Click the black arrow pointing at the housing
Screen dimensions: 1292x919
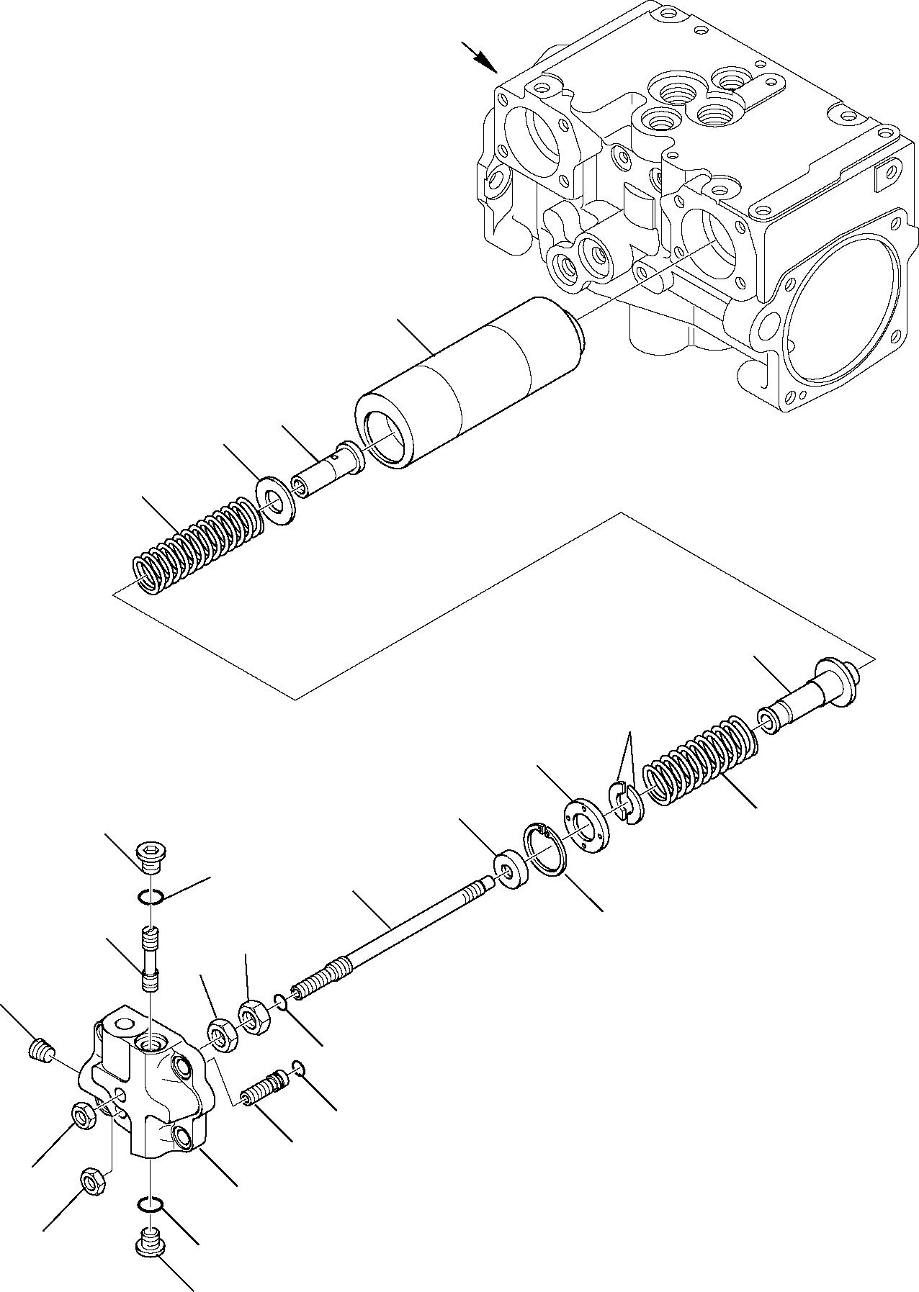(x=480, y=58)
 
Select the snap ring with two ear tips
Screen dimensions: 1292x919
(x=546, y=851)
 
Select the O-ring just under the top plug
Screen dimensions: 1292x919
(x=151, y=896)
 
